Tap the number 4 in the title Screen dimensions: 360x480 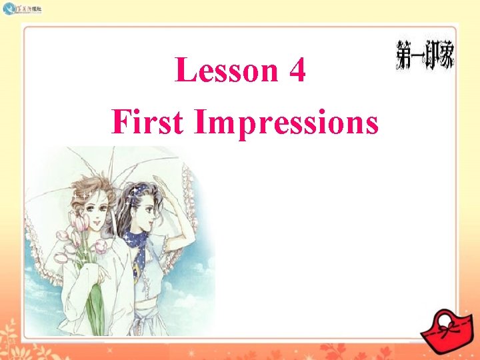tap(298, 71)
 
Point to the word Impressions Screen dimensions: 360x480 tap(287, 123)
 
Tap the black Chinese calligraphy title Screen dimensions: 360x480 tap(425, 55)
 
